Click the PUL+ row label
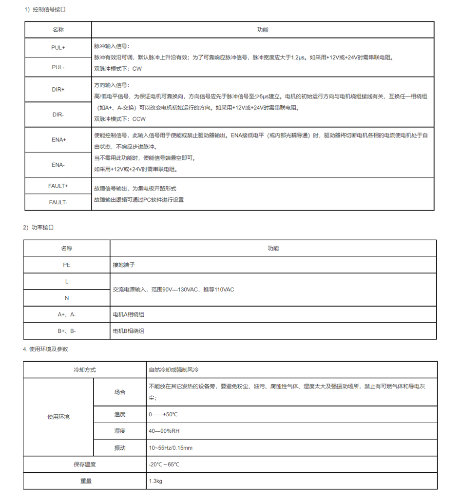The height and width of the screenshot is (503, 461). (x=58, y=48)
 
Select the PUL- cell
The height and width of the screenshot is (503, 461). (x=58, y=67)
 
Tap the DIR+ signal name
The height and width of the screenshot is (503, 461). (x=58, y=90)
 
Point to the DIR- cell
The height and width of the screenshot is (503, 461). (x=58, y=115)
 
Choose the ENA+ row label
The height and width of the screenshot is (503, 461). (x=58, y=140)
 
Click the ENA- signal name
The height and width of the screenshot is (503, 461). (x=58, y=165)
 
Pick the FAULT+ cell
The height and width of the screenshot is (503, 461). (x=58, y=186)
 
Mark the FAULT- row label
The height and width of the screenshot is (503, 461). (x=58, y=202)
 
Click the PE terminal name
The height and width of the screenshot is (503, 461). (x=67, y=265)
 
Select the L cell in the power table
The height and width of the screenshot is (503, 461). (x=67, y=281)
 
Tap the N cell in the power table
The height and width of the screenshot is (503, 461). (x=67, y=298)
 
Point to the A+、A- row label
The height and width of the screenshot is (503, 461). (x=67, y=314)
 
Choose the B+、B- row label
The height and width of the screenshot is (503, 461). (x=67, y=331)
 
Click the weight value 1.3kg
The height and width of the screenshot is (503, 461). (x=155, y=481)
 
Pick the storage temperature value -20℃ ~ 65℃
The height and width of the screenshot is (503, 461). (x=164, y=464)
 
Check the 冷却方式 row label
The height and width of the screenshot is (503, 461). (x=84, y=369)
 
